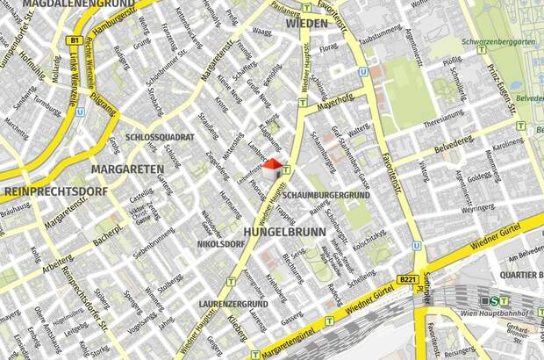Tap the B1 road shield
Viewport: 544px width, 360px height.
pyautogui.click(x=75, y=40)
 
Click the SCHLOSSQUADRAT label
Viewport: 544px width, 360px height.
pyautogui.click(x=160, y=138)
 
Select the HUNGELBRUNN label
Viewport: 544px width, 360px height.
pyautogui.click(x=283, y=232)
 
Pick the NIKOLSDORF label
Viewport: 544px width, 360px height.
pyautogui.click(x=219, y=243)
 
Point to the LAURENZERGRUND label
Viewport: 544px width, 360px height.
pyautogui.click(x=233, y=304)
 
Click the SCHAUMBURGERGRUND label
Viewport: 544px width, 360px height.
pyautogui.click(x=326, y=194)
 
